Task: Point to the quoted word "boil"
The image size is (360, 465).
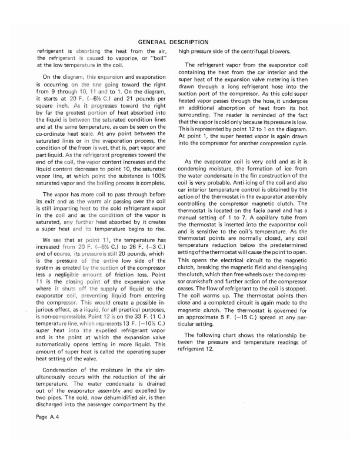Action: tap(156, 58)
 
